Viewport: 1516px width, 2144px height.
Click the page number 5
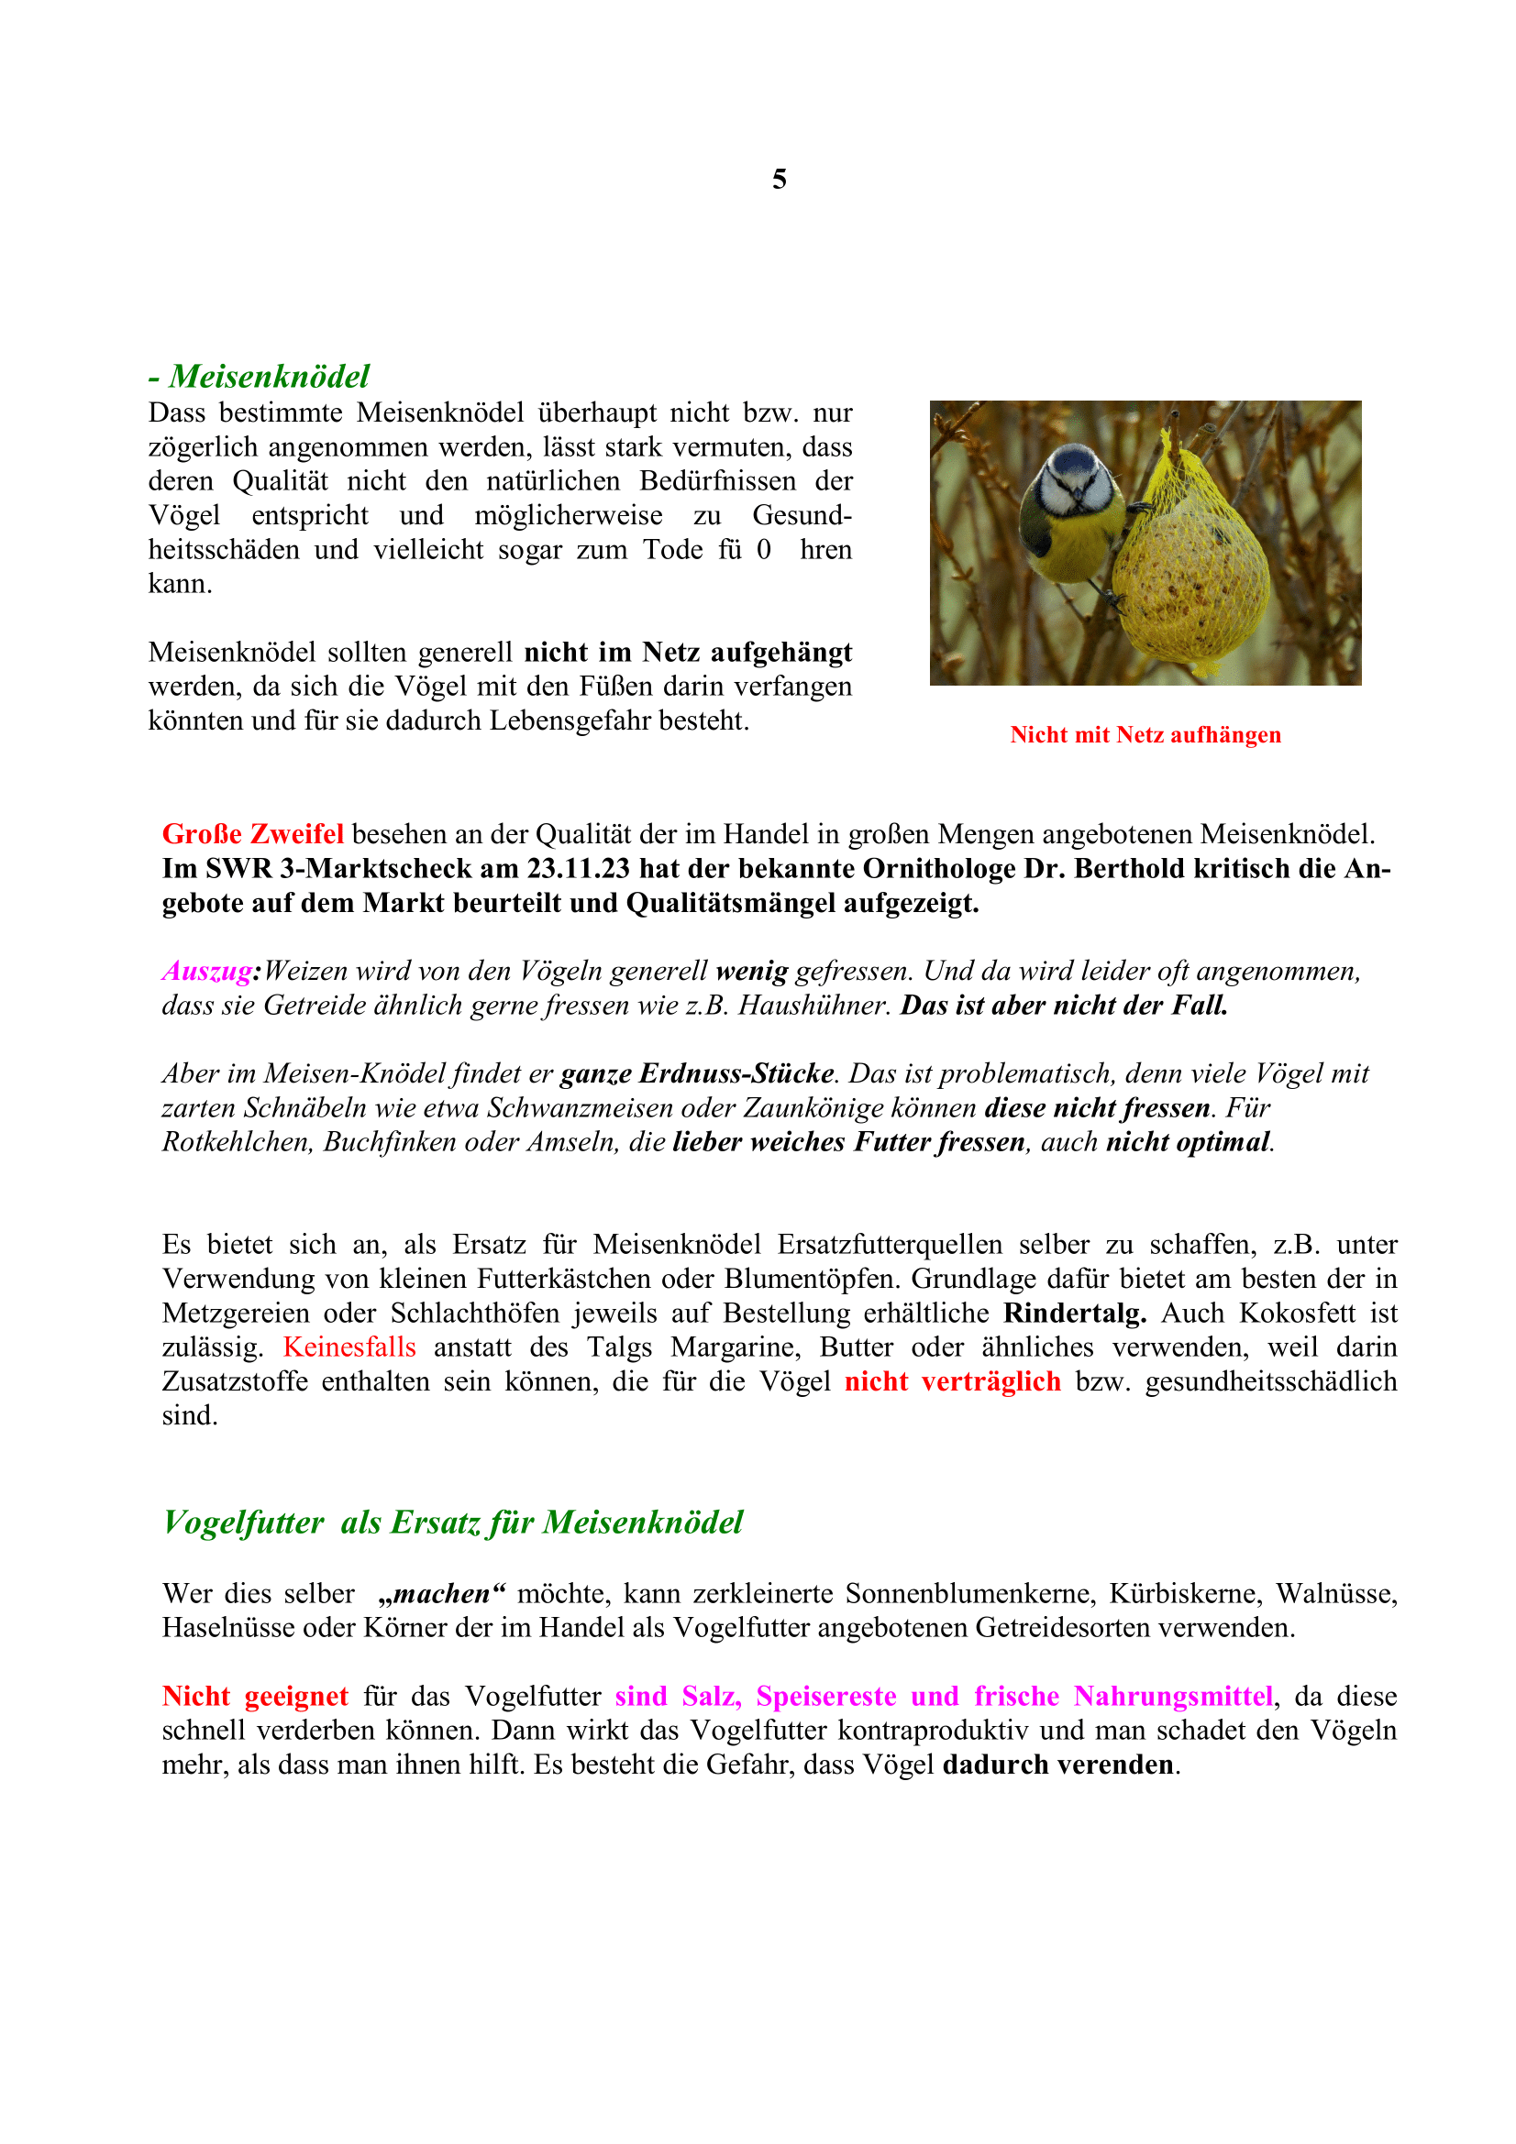pyautogui.click(x=779, y=179)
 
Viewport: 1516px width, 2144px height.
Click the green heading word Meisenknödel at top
pyautogui.click(x=269, y=377)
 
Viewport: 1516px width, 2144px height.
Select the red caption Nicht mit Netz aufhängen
pyautogui.click(x=1145, y=735)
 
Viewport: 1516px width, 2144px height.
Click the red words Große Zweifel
pyautogui.click(x=252, y=834)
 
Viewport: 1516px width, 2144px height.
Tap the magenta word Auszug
pyautogui.click(x=206, y=971)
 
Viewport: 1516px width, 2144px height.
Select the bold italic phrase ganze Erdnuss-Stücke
pyautogui.click(x=697, y=1074)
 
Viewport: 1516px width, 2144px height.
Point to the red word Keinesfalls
pyautogui.click(x=349, y=1347)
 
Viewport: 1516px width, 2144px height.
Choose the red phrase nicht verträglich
pyautogui.click(x=953, y=1382)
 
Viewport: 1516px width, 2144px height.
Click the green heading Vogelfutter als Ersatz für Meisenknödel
pyautogui.click(x=452, y=1523)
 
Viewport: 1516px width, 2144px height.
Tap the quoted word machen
pyautogui.click(x=442, y=1594)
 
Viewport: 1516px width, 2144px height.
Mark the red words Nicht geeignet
pyautogui.click(x=254, y=1697)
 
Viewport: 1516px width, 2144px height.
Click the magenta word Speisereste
pyautogui.click(x=825, y=1697)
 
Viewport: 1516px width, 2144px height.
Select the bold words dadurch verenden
pyautogui.click(x=1058, y=1765)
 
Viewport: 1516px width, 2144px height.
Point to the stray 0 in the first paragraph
pyautogui.click(x=764, y=550)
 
